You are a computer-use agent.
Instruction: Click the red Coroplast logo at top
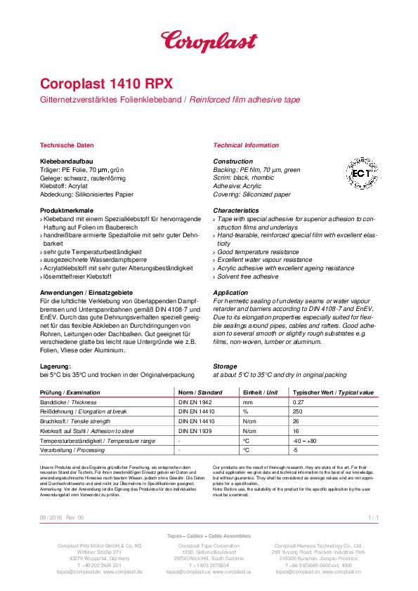[209, 41]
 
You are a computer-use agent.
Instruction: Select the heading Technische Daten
[67, 145]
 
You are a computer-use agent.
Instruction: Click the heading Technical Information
[245, 145]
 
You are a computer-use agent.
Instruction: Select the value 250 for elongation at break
[298, 411]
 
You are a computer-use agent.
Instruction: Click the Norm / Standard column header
[200, 392]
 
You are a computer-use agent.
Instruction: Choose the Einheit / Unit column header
[260, 392]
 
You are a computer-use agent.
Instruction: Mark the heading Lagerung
[55, 366]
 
